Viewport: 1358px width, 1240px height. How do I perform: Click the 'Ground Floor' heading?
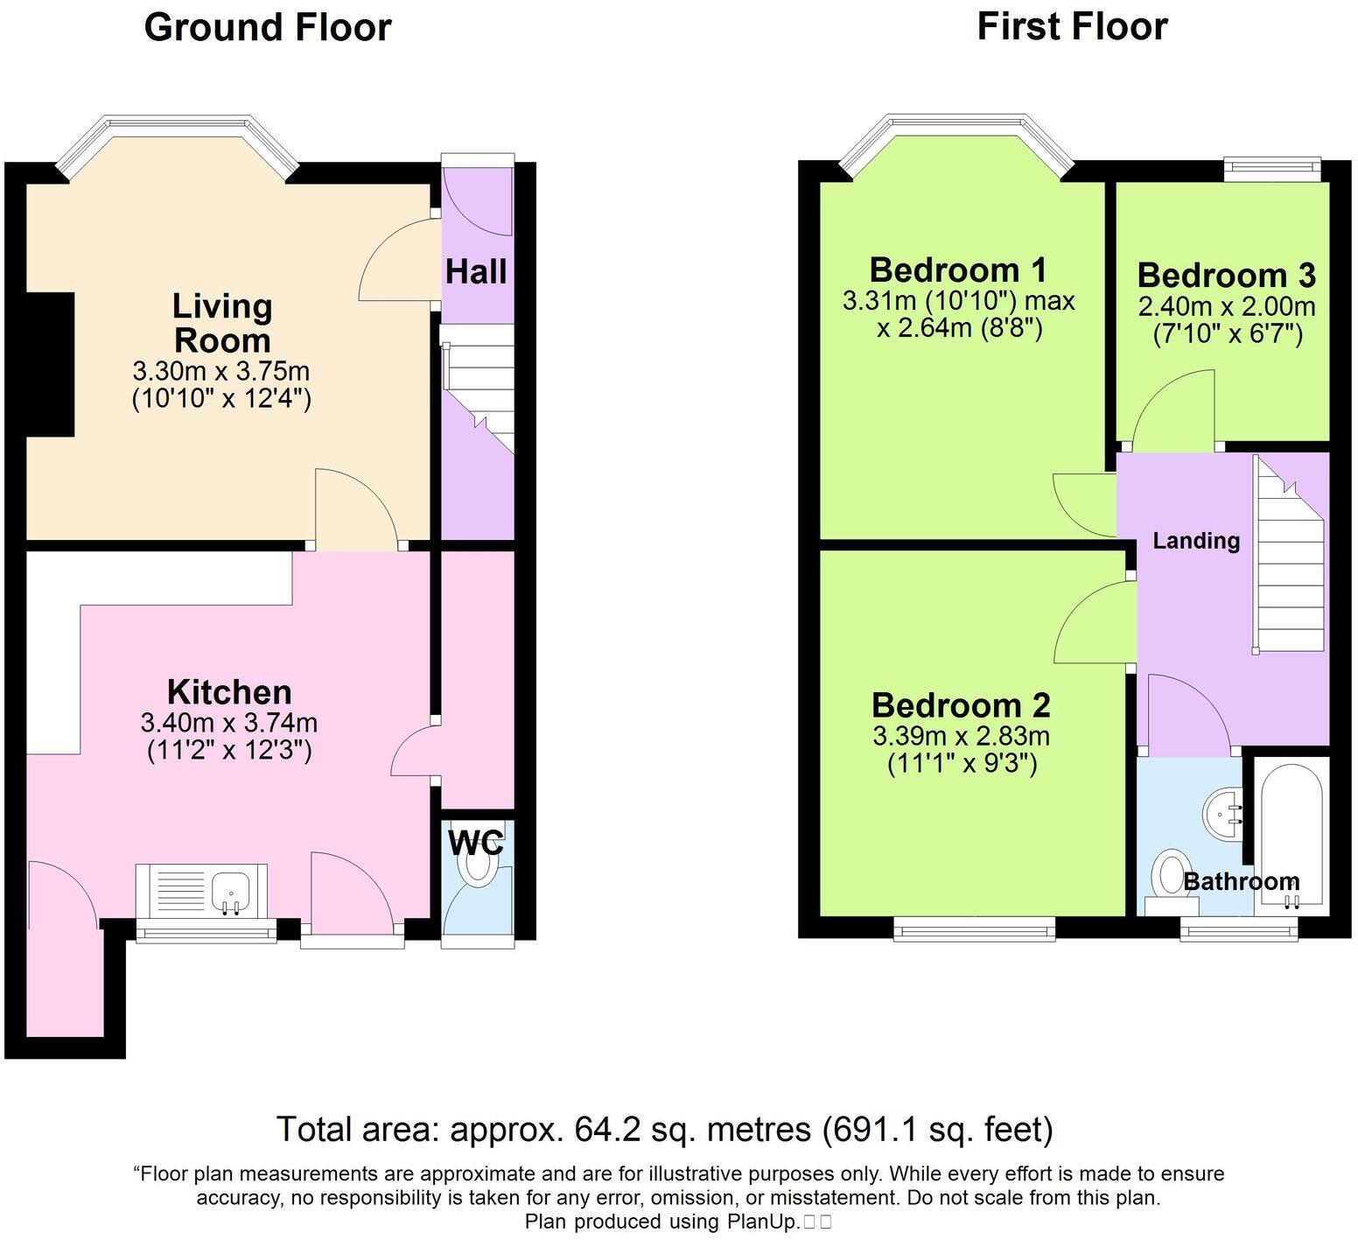click(267, 27)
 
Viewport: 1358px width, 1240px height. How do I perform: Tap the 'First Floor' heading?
click(1072, 27)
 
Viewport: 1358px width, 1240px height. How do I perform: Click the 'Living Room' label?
click(222, 323)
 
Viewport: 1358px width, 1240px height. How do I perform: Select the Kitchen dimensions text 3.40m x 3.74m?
click(228, 723)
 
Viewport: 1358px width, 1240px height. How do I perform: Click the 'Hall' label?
click(476, 272)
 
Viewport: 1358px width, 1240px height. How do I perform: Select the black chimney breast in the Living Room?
click(50, 363)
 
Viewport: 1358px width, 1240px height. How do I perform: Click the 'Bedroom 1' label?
click(958, 270)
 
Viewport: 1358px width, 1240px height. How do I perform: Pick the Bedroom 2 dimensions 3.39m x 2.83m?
click(961, 736)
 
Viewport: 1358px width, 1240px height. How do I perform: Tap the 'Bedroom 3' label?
click(1226, 276)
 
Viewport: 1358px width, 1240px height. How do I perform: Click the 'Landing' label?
click(1195, 541)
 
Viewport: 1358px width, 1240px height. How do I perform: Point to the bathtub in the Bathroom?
click(1291, 831)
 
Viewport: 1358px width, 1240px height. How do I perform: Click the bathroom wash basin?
click(1221, 814)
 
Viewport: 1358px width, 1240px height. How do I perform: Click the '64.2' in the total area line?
click(604, 1130)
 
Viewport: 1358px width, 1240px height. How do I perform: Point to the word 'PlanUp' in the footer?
click(761, 1222)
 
